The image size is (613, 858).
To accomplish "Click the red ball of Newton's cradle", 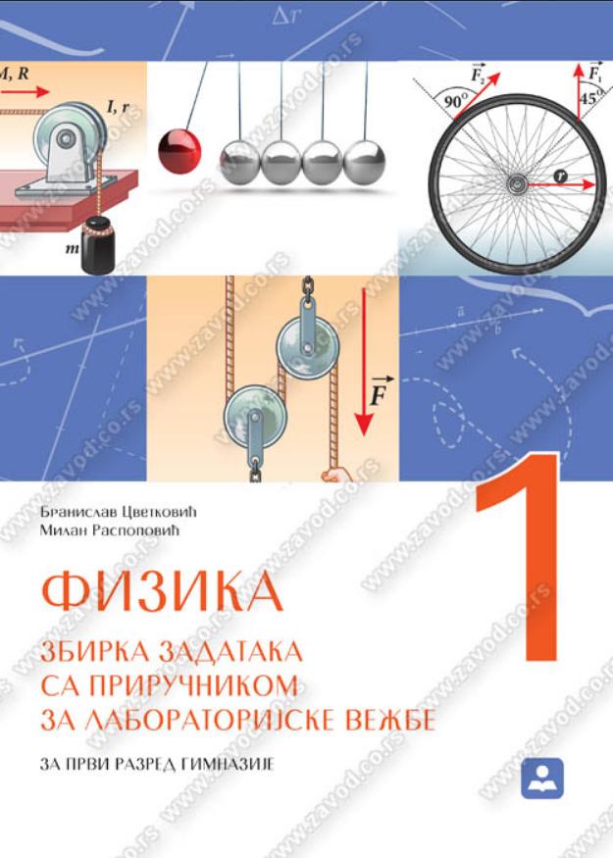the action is click(179, 150).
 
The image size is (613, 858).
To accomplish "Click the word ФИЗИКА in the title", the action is click(162, 591).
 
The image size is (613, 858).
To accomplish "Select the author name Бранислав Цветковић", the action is click(118, 513).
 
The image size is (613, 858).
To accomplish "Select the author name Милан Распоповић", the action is click(110, 530).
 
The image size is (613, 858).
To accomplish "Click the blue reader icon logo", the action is click(541, 779).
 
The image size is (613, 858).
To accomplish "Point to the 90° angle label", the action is click(456, 101).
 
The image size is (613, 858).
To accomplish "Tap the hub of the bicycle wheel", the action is click(516, 185).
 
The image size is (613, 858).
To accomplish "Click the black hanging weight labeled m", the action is click(97, 245).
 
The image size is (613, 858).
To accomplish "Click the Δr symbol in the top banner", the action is click(286, 17).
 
